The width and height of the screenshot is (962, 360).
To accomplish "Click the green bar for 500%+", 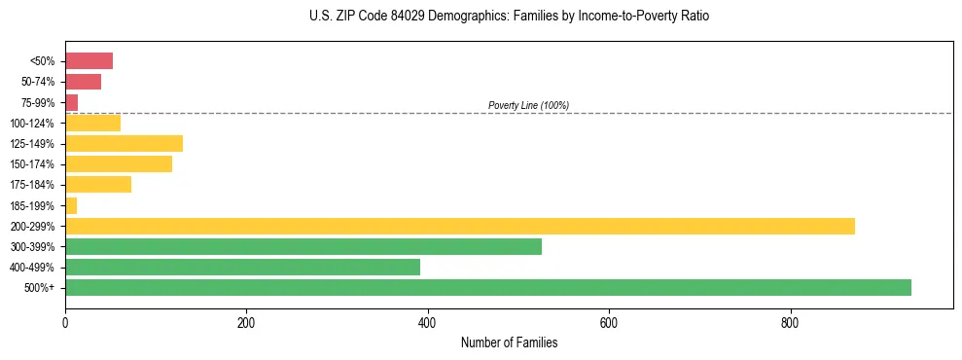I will pyautogui.click(x=487, y=287).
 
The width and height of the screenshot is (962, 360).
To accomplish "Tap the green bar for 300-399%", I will pyautogui.click(x=303, y=246).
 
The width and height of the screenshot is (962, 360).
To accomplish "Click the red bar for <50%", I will pyautogui.click(x=89, y=61).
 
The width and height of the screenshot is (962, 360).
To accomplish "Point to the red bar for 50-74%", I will pyautogui.click(x=83, y=82).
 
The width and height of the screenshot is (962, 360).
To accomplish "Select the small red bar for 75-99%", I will pyautogui.click(x=71, y=102).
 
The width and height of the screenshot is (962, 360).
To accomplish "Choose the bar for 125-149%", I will pyautogui.click(x=124, y=144).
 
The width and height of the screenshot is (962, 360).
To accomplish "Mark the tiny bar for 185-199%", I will pyautogui.click(x=71, y=205).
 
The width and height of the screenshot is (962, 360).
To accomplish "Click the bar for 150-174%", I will pyautogui.click(x=119, y=164).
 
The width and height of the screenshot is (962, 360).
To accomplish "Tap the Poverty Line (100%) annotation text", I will pyautogui.click(x=528, y=105).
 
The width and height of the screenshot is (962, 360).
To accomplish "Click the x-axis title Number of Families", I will pyautogui.click(x=509, y=342).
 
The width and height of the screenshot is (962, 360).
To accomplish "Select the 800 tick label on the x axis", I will pyautogui.click(x=790, y=323).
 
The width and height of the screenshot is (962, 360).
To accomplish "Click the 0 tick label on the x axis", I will pyautogui.click(x=65, y=323).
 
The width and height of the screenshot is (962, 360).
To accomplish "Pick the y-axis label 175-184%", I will pyautogui.click(x=32, y=185).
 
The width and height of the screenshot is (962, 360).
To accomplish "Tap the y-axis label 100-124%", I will pyautogui.click(x=32, y=124).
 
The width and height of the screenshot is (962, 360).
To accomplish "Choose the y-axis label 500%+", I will pyautogui.click(x=39, y=288).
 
